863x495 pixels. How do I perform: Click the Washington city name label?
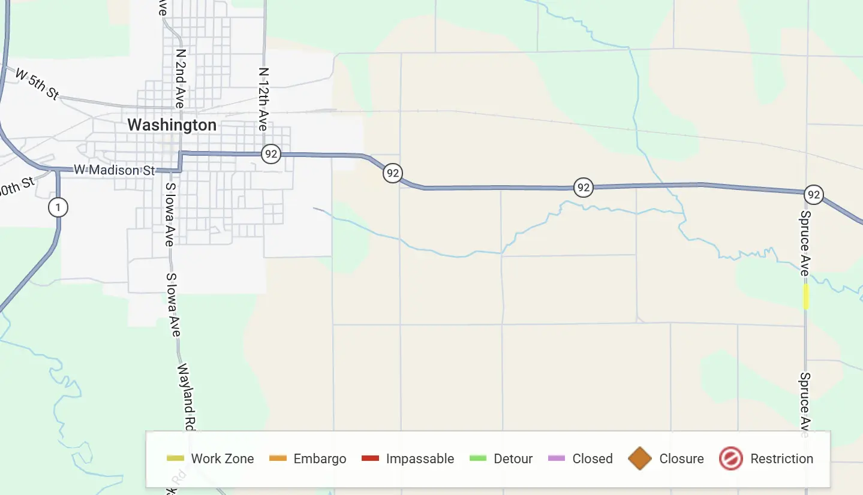(172, 125)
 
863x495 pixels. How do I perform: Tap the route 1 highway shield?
(58, 208)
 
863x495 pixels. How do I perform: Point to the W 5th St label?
(37, 84)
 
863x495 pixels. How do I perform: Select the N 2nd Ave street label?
(180, 78)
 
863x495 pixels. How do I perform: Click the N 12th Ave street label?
(263, 99)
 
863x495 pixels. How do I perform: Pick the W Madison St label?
(114, 170)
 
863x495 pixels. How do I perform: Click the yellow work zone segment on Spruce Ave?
(806, 297)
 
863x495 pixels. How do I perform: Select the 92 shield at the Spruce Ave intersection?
(813, 195)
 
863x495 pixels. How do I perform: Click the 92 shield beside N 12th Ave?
(271, 154)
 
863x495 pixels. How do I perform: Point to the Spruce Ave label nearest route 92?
(805, 243)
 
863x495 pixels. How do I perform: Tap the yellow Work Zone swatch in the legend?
(176, 458)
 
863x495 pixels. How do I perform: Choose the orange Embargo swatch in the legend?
(278, 458)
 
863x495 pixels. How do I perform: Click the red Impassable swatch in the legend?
(371, 458)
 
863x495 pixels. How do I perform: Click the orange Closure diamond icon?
(640, 458)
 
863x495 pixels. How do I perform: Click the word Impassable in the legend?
(420, 458)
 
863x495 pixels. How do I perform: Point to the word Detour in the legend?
(513, 458)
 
